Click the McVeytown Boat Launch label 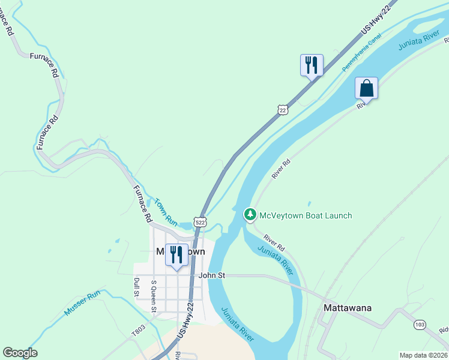point(305,215)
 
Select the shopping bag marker point(366,89)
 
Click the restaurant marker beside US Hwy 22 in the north point(312,65)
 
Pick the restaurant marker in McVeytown point(176,254)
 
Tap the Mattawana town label point(348,308)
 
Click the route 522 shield point(200,222)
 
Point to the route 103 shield point(420,325)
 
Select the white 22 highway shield point(283,109)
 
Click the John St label point(211,275)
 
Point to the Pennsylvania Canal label point(362,54)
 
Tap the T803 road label point(139,330)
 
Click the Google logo point(20,353)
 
